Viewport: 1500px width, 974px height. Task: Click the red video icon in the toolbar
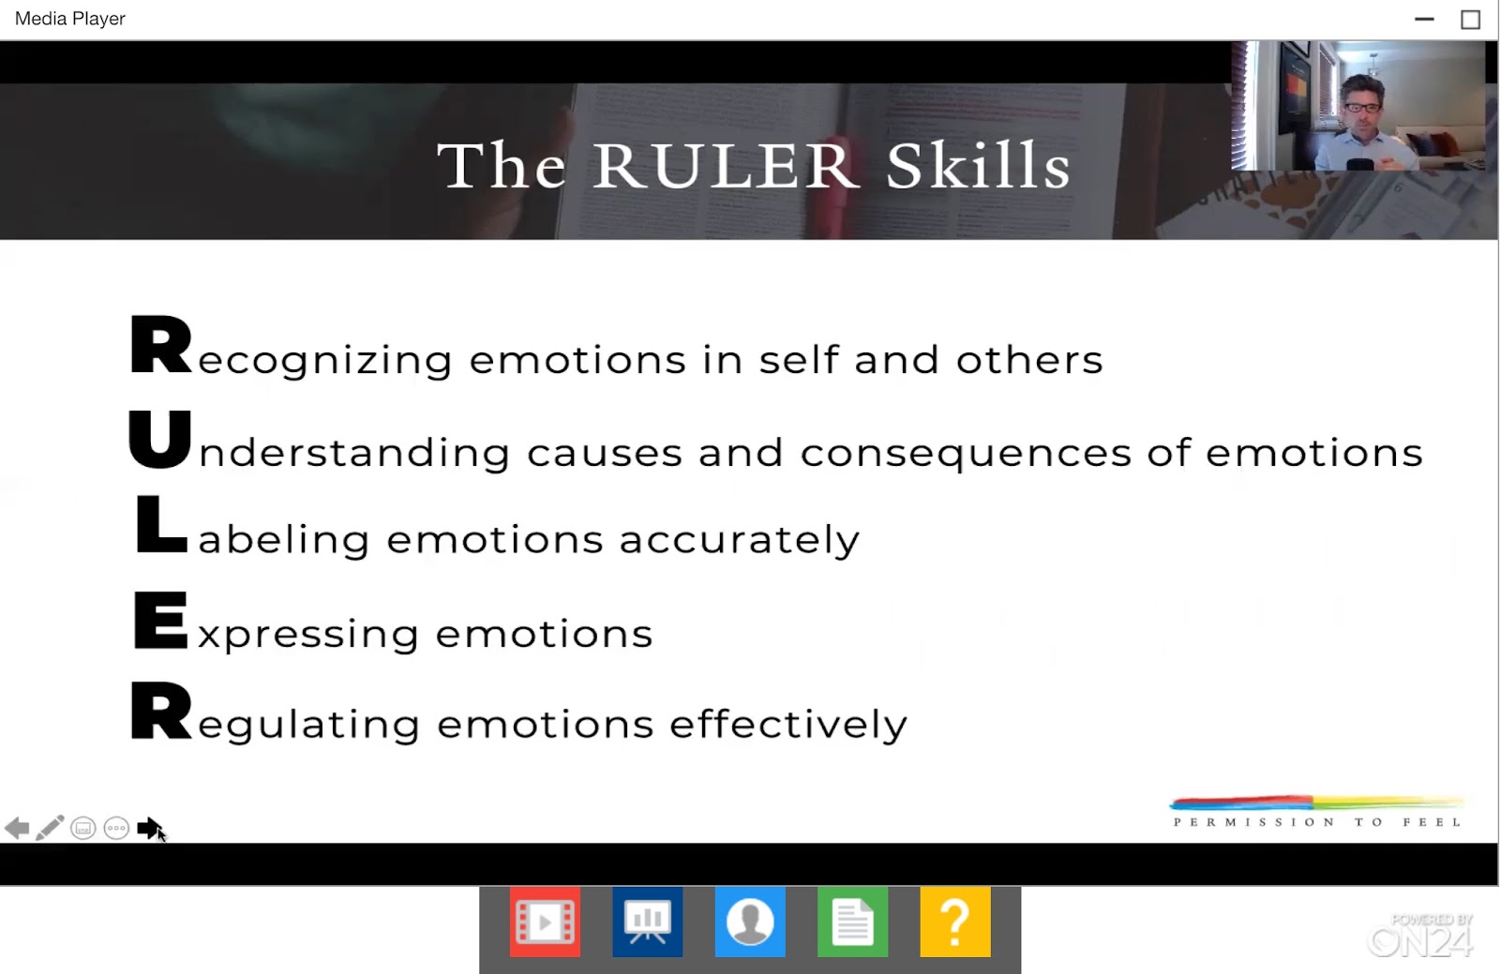point(545,922)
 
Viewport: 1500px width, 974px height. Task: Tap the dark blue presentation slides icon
point(648,922)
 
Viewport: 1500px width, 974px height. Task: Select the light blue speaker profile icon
point(750,922)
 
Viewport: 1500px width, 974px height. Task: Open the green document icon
point(852,922)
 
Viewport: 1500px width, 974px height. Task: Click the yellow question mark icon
point(955,922)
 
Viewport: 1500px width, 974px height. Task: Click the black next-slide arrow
point(149,828)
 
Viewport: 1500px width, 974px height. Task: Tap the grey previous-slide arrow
point(17,828)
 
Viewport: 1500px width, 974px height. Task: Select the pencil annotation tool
point(50,828)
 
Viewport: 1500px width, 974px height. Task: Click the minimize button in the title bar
point(1424,19)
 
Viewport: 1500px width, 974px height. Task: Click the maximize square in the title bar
point(1471,20)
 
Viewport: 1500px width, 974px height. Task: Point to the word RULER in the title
point(723,165)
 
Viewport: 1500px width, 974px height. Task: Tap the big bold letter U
point(160,439)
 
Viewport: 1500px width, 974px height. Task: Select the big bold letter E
point(160,620)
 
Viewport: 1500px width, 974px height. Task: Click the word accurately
point(740,540)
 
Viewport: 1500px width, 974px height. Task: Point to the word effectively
point(788,724)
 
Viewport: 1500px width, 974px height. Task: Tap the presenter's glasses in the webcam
point(1362,107)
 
